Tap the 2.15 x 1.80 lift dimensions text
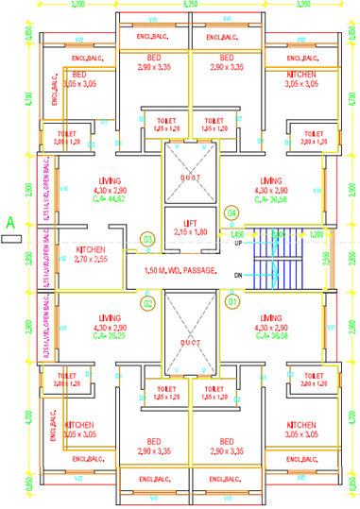pyautogui.click(x=189, y=230)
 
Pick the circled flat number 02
pyautogui.click(x=146, y=303)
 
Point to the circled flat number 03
pyautogui.click(x=147, y=240)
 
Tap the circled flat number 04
pyautogui.click(x=231, y=213)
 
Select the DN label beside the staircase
pyautogui.click(x=239, y=274)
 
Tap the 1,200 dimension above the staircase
pyautogui.click(x=316, y=232)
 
